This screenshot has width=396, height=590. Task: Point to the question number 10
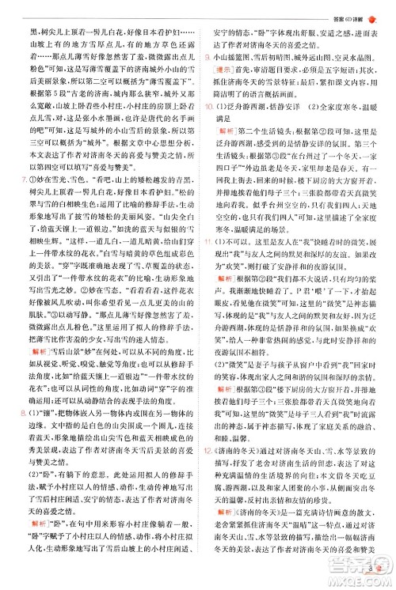(x=208, y=104)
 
